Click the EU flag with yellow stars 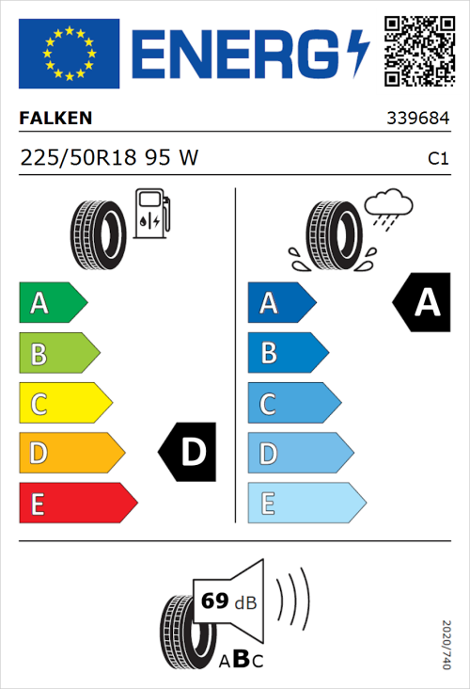pyautogui.click(x=69, y=54)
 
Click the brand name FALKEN pyautogui.click(x=55, y=120)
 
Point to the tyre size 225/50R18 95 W pyautogui.click(x=109, y=158)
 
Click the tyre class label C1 pyautogui.click(x=437, y=159)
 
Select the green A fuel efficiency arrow pyautogui.click(x=53, y=303)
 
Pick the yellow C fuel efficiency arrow pyautogui.click(x=65, y=405)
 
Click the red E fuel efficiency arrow pyautogui.click(x=77, y=504)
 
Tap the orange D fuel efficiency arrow pyautogui.click(x=71, y=454)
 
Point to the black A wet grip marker pyautogui.click(x=422, y=303)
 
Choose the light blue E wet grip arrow pyautogui.click(x=305, y=504)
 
